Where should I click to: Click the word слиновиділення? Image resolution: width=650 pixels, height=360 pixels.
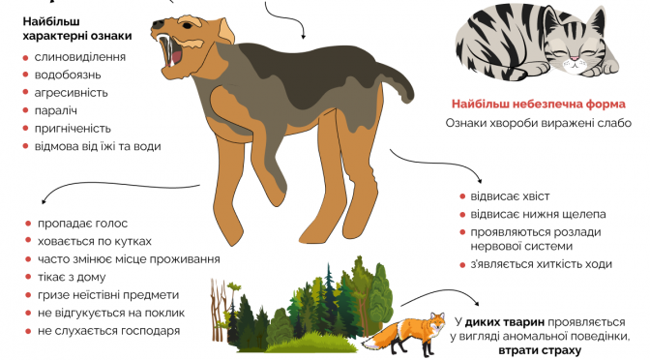[x=80, y=57]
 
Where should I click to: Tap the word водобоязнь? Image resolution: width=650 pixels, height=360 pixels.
[x=68, y=75]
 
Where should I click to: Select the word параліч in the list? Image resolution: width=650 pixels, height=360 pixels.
[x=55, y=110]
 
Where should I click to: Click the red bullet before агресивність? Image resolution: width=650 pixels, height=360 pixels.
[x=26, y=93]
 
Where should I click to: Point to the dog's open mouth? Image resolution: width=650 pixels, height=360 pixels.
[x=172, y=53]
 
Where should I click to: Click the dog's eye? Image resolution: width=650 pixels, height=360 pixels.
[x=187, y=26]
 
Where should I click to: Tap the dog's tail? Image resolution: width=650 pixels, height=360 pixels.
[x=398, y=83]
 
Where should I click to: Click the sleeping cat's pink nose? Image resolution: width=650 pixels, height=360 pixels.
[x=575, y=59]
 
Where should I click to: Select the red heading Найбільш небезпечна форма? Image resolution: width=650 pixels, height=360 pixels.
[x=538, y=104]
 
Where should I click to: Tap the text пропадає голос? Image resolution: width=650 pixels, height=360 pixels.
[x=82, y=224]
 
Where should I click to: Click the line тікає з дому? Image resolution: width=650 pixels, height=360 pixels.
[x=72, y=277]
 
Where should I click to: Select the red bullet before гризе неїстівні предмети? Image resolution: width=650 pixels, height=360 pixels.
[x=28, y=295]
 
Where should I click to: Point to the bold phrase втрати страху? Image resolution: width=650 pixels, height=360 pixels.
[x=540, y=350]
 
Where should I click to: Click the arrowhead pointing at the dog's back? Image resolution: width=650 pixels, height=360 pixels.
[x=303, y=37]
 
